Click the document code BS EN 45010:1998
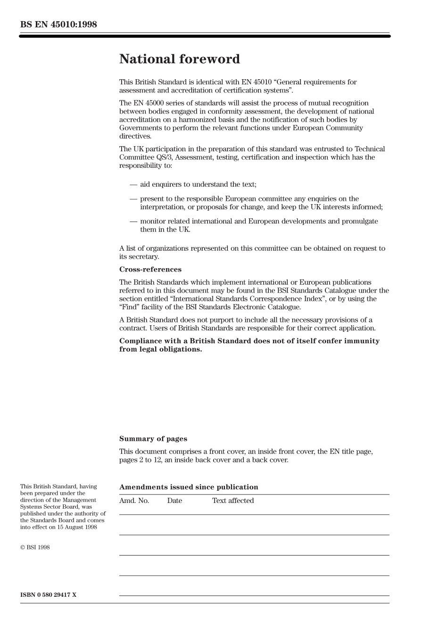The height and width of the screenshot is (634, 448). [58, 25]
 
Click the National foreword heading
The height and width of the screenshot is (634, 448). [179, 59]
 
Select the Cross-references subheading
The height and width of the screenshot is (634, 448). [150, 270]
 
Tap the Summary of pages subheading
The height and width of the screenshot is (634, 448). [153, 439]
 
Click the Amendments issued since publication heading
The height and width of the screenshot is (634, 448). [189, 487]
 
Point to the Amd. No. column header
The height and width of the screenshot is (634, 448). [134, 501]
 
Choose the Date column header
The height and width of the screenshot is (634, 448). [174, 501]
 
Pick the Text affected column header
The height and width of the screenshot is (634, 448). [232, 501]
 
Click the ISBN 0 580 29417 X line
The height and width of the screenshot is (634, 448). [48, 595]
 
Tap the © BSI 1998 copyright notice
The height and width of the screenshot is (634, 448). [35, 547]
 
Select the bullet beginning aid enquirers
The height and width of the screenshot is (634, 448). [198, 184]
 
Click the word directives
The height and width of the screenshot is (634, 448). [135, 136]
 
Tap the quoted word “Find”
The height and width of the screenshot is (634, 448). [129, 307]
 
